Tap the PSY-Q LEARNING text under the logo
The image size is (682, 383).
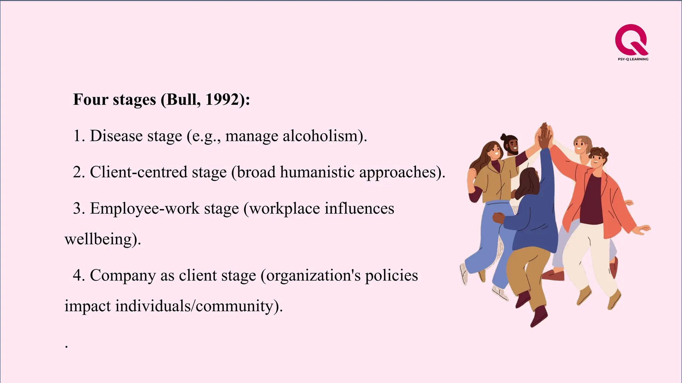coord(633,59)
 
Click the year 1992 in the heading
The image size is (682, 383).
coord(221,99)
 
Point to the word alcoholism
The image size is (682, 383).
coord(322,136)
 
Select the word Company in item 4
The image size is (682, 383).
coord(123,276)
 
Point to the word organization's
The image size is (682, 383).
coord(313,276)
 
